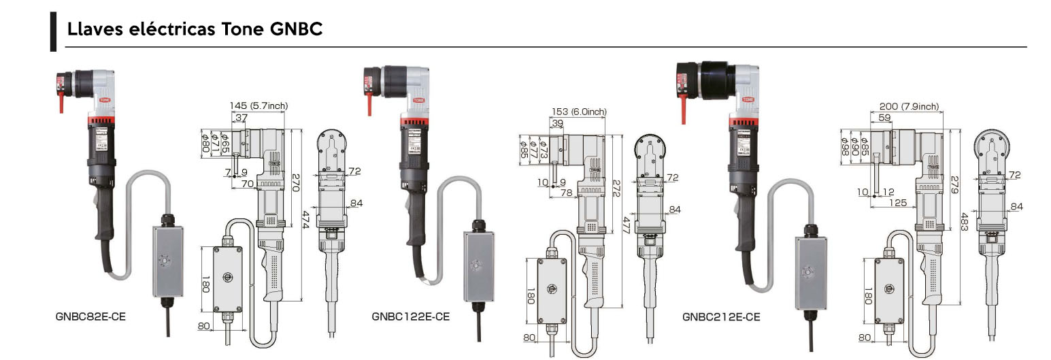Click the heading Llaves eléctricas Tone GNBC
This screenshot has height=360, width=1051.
click(195, 30)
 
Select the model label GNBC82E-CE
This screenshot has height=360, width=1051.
click(90, 316)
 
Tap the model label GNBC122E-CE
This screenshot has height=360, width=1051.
click(410, 316)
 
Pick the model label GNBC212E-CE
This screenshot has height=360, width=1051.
click(721, 316)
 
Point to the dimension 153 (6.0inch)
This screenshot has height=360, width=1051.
click(578, 112)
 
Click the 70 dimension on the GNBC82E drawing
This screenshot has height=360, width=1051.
click(247, 184)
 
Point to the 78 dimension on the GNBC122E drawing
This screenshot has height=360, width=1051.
click(566, 193)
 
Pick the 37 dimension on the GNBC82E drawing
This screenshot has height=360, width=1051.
click(241, 118)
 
